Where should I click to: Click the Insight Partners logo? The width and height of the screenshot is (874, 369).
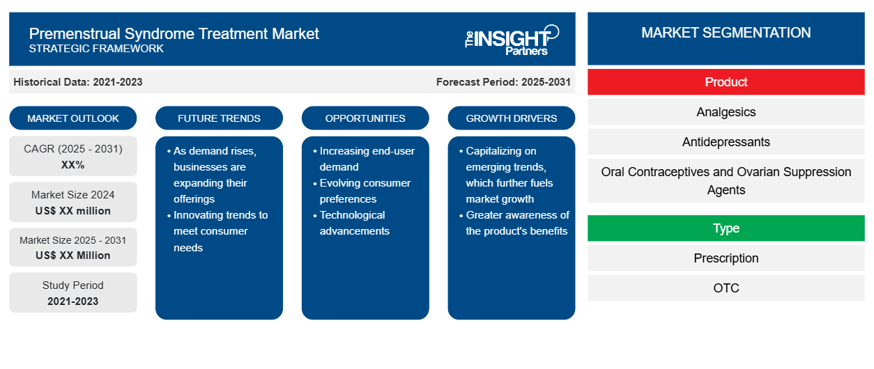(x=512, y=40)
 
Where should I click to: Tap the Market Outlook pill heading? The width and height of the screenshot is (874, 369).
(x=73, y=118)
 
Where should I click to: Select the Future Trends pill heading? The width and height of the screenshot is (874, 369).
(x=219, y=118)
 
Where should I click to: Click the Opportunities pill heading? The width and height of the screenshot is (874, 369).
(x=365, y=118)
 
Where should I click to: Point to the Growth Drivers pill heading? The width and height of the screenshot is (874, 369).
(x=512, y=118)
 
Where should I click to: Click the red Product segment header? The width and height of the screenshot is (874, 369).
(x=726, y=82)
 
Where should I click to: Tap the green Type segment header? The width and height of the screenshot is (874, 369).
(x=726, y=228)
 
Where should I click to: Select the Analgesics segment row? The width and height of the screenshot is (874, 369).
(x=726, y=112)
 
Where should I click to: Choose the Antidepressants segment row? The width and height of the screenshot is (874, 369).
(x=726, y=142)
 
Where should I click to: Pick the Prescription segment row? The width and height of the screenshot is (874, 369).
(x=726, y=258)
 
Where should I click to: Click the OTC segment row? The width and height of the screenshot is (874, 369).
(x=726, y=288)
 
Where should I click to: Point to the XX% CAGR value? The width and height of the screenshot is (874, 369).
(x=73, y=165)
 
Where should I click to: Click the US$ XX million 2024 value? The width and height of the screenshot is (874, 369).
(x=73, y=211)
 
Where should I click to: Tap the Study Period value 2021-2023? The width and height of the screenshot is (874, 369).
(x=73, y=301)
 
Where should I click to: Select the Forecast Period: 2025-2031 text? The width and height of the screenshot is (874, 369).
(x=503, y=82)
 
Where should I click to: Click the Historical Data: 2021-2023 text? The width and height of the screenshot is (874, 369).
(x=78, y=82)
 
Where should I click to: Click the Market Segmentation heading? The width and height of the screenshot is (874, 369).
(x=726, y=33)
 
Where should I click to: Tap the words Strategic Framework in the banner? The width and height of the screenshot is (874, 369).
(x=96, y=49)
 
